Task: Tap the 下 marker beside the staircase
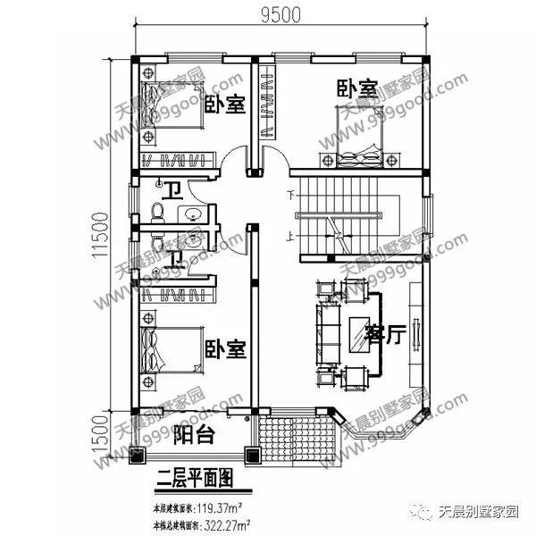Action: point(290,194)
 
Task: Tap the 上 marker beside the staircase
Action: point(290,238)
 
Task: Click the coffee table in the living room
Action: point(361,331)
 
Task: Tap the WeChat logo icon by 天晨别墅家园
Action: point(422,515)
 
